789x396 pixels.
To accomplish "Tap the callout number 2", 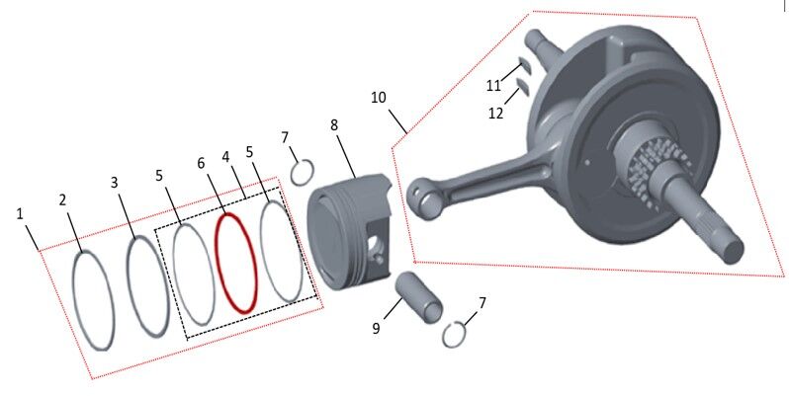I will click(63, 199).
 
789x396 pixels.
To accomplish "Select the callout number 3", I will click(115, 183).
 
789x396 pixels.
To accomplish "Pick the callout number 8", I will click(334, 125).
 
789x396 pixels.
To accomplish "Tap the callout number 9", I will click(377, 328).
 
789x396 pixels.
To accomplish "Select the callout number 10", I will click(380, 98).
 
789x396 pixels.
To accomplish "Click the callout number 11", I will click(493, 86).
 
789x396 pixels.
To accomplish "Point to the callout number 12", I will click(496, 113).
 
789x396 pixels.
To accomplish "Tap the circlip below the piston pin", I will click(454, 336).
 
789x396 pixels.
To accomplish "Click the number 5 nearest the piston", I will click(249, 152).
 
